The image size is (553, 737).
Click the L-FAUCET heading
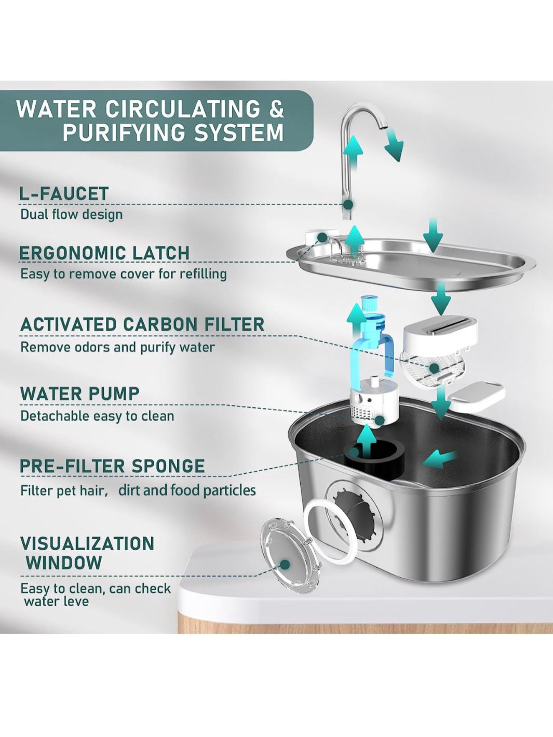coord(63,194)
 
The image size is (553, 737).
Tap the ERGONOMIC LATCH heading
coord(104,253)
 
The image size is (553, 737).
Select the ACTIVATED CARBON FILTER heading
coord(142,324)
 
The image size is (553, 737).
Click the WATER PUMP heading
coord(79,393)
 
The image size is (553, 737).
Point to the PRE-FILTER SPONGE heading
coord(113,466)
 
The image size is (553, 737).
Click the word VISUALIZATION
coord(87,543)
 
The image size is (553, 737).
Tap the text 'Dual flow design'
coord(72,214)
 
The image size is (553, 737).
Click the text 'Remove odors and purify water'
coord(117,347)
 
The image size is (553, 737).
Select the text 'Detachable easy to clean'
coord(98,416)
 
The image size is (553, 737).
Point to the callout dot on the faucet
coord(348,204)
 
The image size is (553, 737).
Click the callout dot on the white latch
coord(322,237)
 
